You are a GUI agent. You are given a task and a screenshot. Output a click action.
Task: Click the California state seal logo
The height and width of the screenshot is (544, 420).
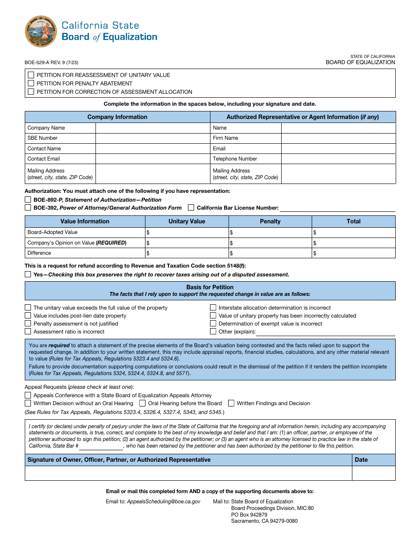point(41,31)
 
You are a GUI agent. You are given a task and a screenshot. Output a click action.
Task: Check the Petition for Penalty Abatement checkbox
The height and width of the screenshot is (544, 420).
point(31,83)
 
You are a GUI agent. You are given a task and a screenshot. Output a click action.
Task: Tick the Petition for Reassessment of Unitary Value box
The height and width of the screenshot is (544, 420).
point(31,75)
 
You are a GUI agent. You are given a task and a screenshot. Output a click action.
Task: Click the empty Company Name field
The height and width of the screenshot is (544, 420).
point(153,128)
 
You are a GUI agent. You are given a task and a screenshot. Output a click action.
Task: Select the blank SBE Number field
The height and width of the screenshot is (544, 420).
point(153,138)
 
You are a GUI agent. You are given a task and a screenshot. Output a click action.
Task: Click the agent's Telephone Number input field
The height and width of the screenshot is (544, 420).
point(338,159)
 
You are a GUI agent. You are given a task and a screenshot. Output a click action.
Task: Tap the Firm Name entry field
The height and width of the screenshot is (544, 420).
point(338,138)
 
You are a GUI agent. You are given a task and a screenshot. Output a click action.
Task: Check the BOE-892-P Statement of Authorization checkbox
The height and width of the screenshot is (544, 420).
point(28,199)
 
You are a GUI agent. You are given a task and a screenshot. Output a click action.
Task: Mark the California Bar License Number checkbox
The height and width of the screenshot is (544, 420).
point(191,207)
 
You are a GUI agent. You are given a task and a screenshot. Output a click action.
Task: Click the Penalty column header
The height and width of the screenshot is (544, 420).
point(270,221)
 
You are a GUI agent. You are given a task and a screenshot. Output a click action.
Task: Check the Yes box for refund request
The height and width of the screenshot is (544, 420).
point(28,274)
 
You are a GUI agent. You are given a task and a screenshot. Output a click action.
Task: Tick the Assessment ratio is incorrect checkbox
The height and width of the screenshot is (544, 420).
point(28,331)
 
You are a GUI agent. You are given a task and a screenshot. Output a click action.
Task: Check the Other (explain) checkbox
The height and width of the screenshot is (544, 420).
point(213,331)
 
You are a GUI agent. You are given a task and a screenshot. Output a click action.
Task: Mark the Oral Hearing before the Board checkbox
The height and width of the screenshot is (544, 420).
point(142,403)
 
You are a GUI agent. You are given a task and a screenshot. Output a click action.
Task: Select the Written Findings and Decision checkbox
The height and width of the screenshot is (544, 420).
point(231,403)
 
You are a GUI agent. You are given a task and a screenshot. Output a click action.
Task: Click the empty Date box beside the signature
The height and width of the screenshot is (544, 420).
point(374,473)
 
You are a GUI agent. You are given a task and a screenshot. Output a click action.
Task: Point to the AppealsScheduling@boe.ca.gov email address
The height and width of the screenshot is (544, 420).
point(164,502)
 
